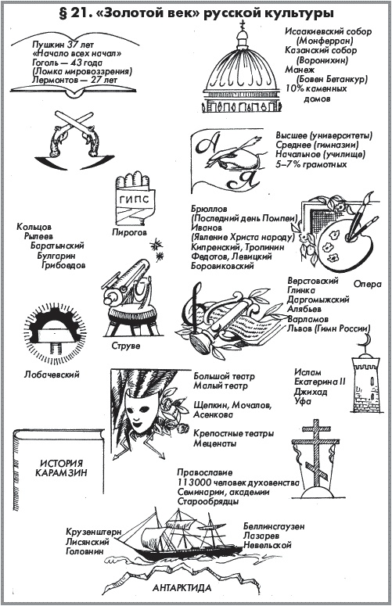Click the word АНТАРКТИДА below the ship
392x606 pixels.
tap(182, 588)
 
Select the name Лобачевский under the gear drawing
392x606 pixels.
tap(52, 374)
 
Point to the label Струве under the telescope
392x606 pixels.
tap(126, 346)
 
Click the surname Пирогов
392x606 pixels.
tap(130, 232)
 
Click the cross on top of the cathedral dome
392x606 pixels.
tap(243, 25)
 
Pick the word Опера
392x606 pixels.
tap(367, 284)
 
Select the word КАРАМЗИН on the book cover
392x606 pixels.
tap(62, 472)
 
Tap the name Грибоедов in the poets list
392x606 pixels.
tap(63, 265)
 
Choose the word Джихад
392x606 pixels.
tap(311, 392)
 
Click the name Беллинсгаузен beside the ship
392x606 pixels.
tap(274, 526)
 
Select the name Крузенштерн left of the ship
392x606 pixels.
tap(94, 532)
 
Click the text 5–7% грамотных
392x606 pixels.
tap(311, 164)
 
